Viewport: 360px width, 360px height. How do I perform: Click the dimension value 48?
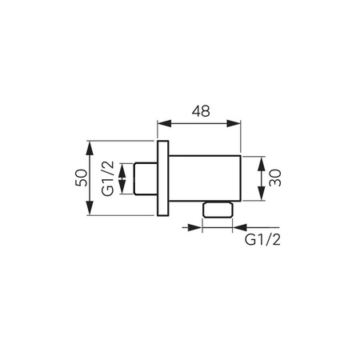[201, 111]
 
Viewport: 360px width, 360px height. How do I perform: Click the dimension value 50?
[82, 178]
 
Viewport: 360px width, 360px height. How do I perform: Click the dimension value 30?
[275, 178]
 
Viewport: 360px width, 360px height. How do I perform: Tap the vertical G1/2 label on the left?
[108, 178]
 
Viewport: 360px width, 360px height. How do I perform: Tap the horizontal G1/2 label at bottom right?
[262, 240]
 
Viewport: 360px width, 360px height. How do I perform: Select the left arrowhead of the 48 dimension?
[164, 123]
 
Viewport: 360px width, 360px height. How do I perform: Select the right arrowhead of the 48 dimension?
[234, 123]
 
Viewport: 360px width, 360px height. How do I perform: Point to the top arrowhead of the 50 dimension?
[90, 147]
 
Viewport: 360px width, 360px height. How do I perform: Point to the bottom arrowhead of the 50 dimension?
[90, 208]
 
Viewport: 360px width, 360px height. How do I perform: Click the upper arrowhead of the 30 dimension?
[262, 163]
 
